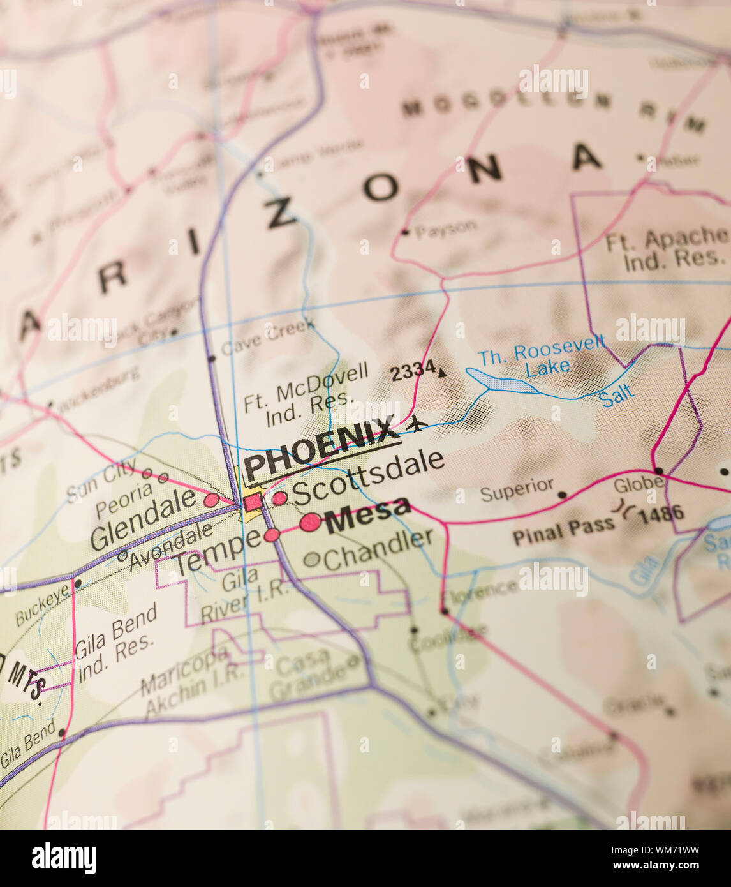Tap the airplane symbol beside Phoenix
(x=417, y=422)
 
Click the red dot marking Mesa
(x=311, y=522)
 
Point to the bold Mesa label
(x=368, y=514)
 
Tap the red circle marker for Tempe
(x=272, y=535)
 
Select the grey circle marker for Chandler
(x=311, y=560)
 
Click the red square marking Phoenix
(x=253, y=502)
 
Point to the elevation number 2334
(x=413, y=370)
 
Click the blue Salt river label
(x=617, y=396)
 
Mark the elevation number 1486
(x=661, y=514)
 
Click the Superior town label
(x=517, y=489)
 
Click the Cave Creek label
(x=268, y=338)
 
